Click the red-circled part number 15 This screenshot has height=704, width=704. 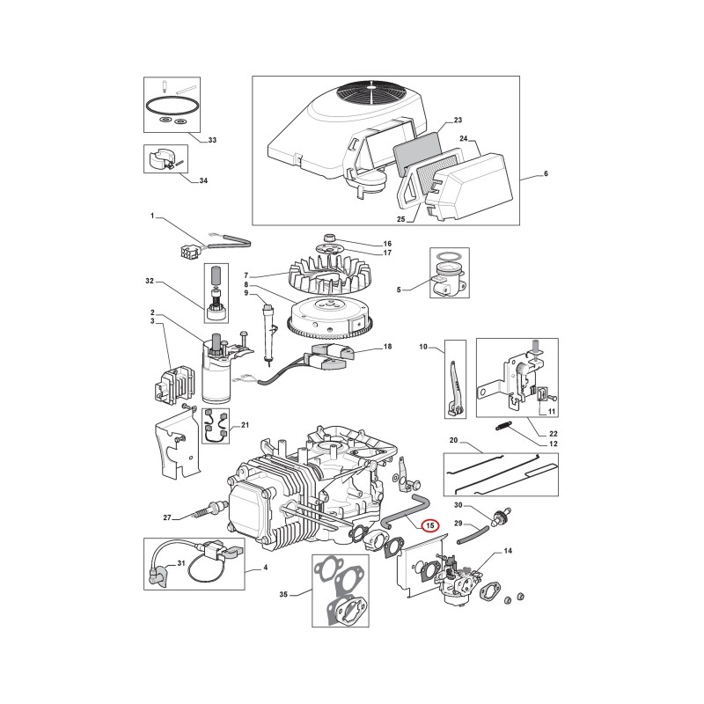[430, 525]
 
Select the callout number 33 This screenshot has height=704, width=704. [212, 140]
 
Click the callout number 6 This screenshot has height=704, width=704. [546, 173]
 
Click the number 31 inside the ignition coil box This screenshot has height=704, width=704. [181, 563]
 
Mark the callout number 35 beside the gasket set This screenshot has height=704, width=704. [283, 595]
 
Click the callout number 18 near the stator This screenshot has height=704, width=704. [387, 347]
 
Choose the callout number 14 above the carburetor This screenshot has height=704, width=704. [508, 551]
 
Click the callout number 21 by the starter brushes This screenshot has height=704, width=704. [245, 425]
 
